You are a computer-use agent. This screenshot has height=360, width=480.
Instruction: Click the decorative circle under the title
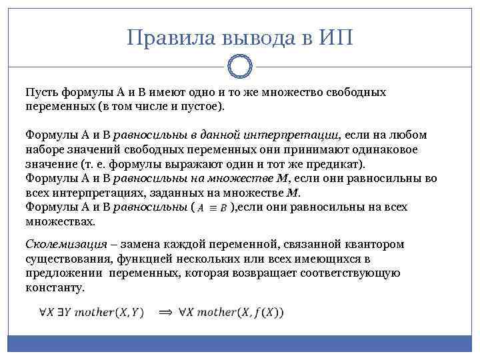(x=240, y=67)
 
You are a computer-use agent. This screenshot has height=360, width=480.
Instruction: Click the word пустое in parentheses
(x=203, y=106)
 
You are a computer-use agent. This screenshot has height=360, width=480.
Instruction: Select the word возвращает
(x=236, y=273)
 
